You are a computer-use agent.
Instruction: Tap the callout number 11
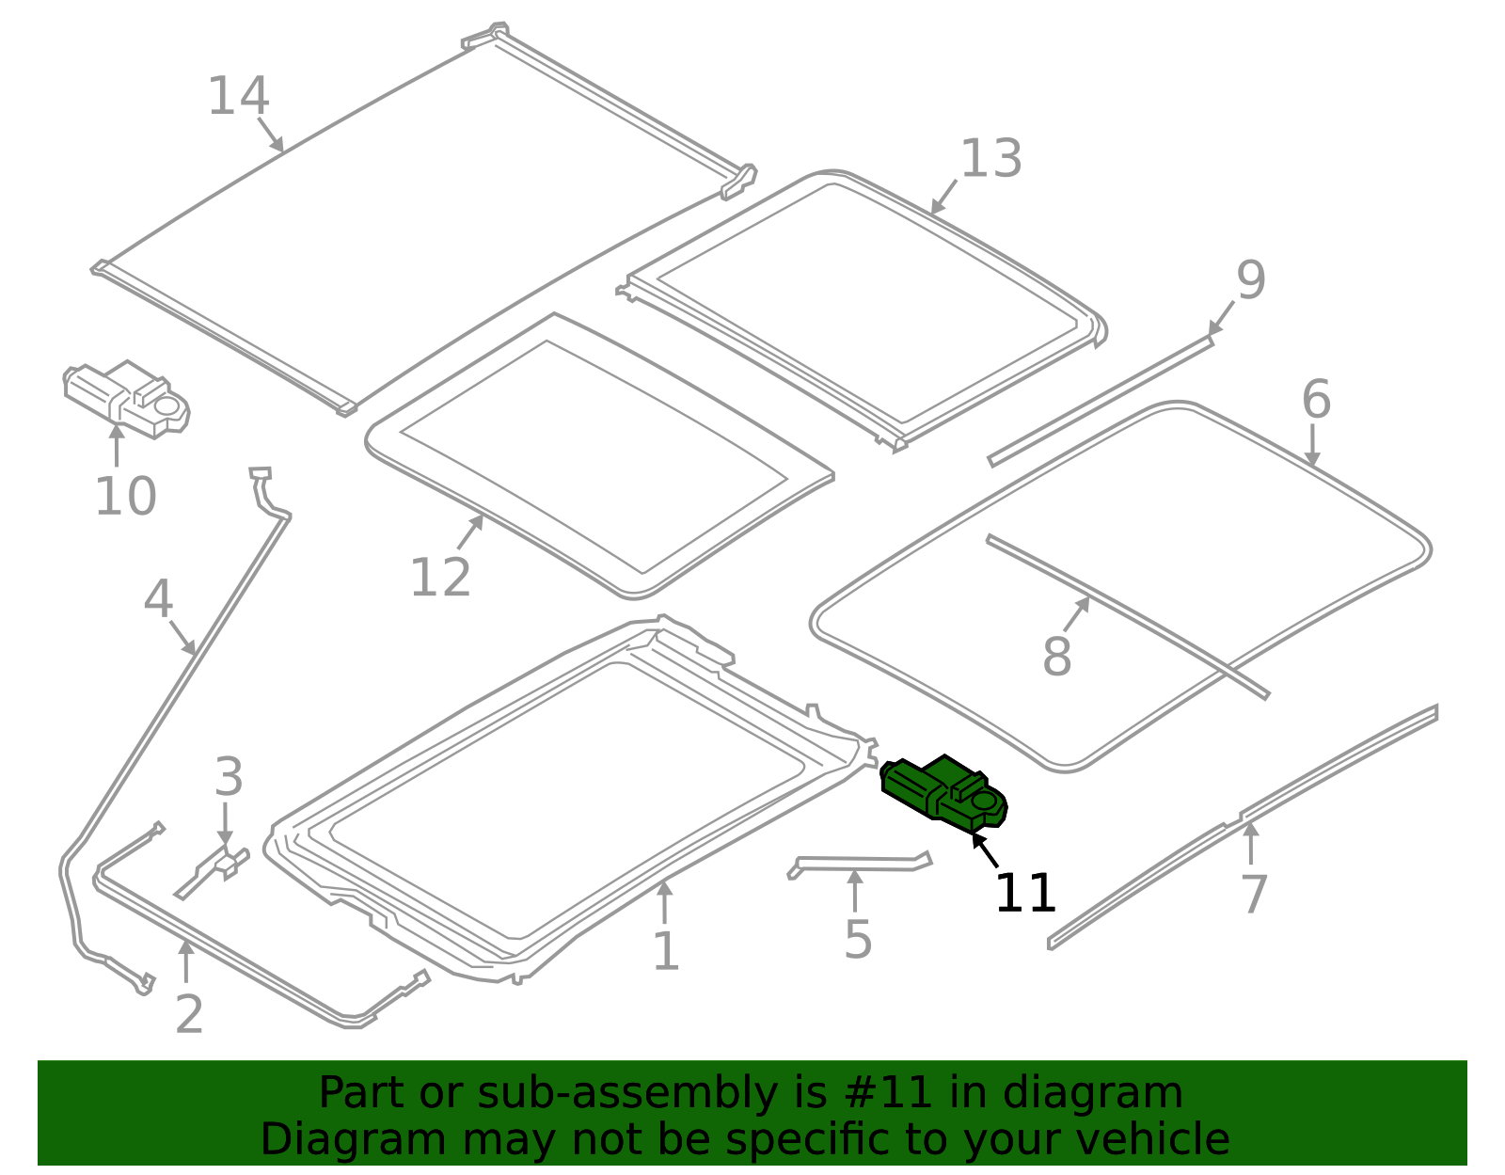1025,893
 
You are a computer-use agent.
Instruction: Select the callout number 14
238,96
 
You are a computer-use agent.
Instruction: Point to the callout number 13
991,159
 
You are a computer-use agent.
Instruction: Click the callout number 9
1251,280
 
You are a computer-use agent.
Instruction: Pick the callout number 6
1316,400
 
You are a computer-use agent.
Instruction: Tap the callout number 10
125,496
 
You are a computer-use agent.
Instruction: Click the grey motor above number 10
127,400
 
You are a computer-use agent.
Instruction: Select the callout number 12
440,578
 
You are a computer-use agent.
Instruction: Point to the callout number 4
158,599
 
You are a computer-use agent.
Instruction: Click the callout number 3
229,776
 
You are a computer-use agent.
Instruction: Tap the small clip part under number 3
212,872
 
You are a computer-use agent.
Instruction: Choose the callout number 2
189,1014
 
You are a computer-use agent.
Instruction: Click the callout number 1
666,951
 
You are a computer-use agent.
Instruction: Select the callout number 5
858,940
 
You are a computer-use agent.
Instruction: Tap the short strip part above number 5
860,865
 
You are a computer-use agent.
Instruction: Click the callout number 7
1254,895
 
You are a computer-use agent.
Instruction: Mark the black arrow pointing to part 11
985,850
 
